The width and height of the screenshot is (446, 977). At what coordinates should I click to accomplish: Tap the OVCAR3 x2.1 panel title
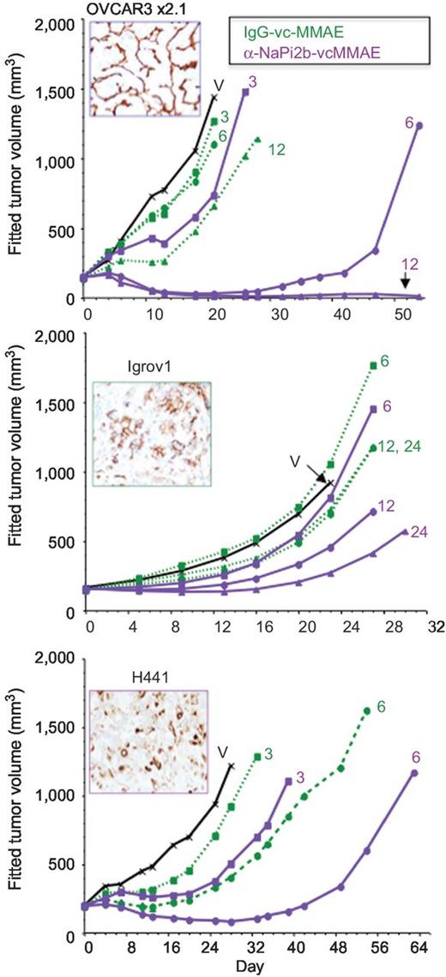pyautogui.click(x=127, y=9)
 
